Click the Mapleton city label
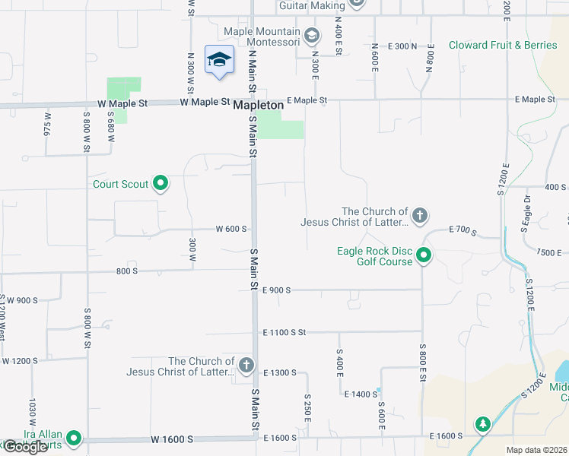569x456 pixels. point(259,105)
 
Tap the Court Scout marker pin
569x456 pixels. point(161,183)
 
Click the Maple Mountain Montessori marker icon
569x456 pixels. point(311,35)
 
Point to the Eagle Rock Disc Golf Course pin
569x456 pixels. point(424,256)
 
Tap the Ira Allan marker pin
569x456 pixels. point(74,438)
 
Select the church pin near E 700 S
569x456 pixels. point(419,217)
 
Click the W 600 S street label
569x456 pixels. point(232,229)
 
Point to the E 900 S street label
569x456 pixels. point(278,290)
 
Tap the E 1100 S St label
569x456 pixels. point(284,332)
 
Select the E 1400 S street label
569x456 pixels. point(361,394)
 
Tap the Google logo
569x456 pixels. point(25,447)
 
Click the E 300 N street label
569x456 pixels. point(402,46)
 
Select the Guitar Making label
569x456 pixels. point(312,5)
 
